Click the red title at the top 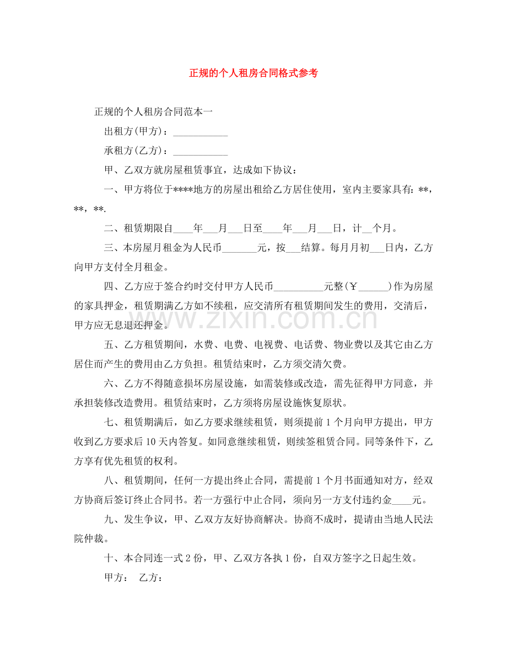click(253, 73)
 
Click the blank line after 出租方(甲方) click(201, 132)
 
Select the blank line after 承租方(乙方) click(201, 151)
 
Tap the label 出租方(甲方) click(136, 132)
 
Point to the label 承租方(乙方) click(136, 151)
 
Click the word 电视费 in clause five click(269, 345)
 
